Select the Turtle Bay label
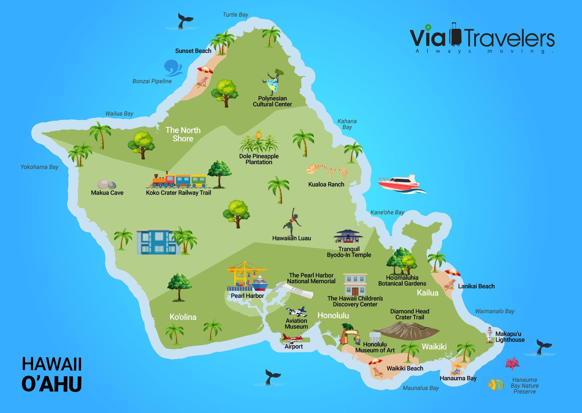click(x=235, y=15)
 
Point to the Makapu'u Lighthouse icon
click(x=489, y=335)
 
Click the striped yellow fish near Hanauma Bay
click(x=496, y=384)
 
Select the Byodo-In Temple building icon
click(x=348, y=236)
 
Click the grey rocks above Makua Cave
click(x=107, y=184)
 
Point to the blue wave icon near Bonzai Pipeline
click(x=173, y=68)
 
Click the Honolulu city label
click(x=333, y=315)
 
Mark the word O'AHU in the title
click(x=52, y=384)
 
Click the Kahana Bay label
click(x=347, y=124)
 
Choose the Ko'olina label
click(x=183, y=317)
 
